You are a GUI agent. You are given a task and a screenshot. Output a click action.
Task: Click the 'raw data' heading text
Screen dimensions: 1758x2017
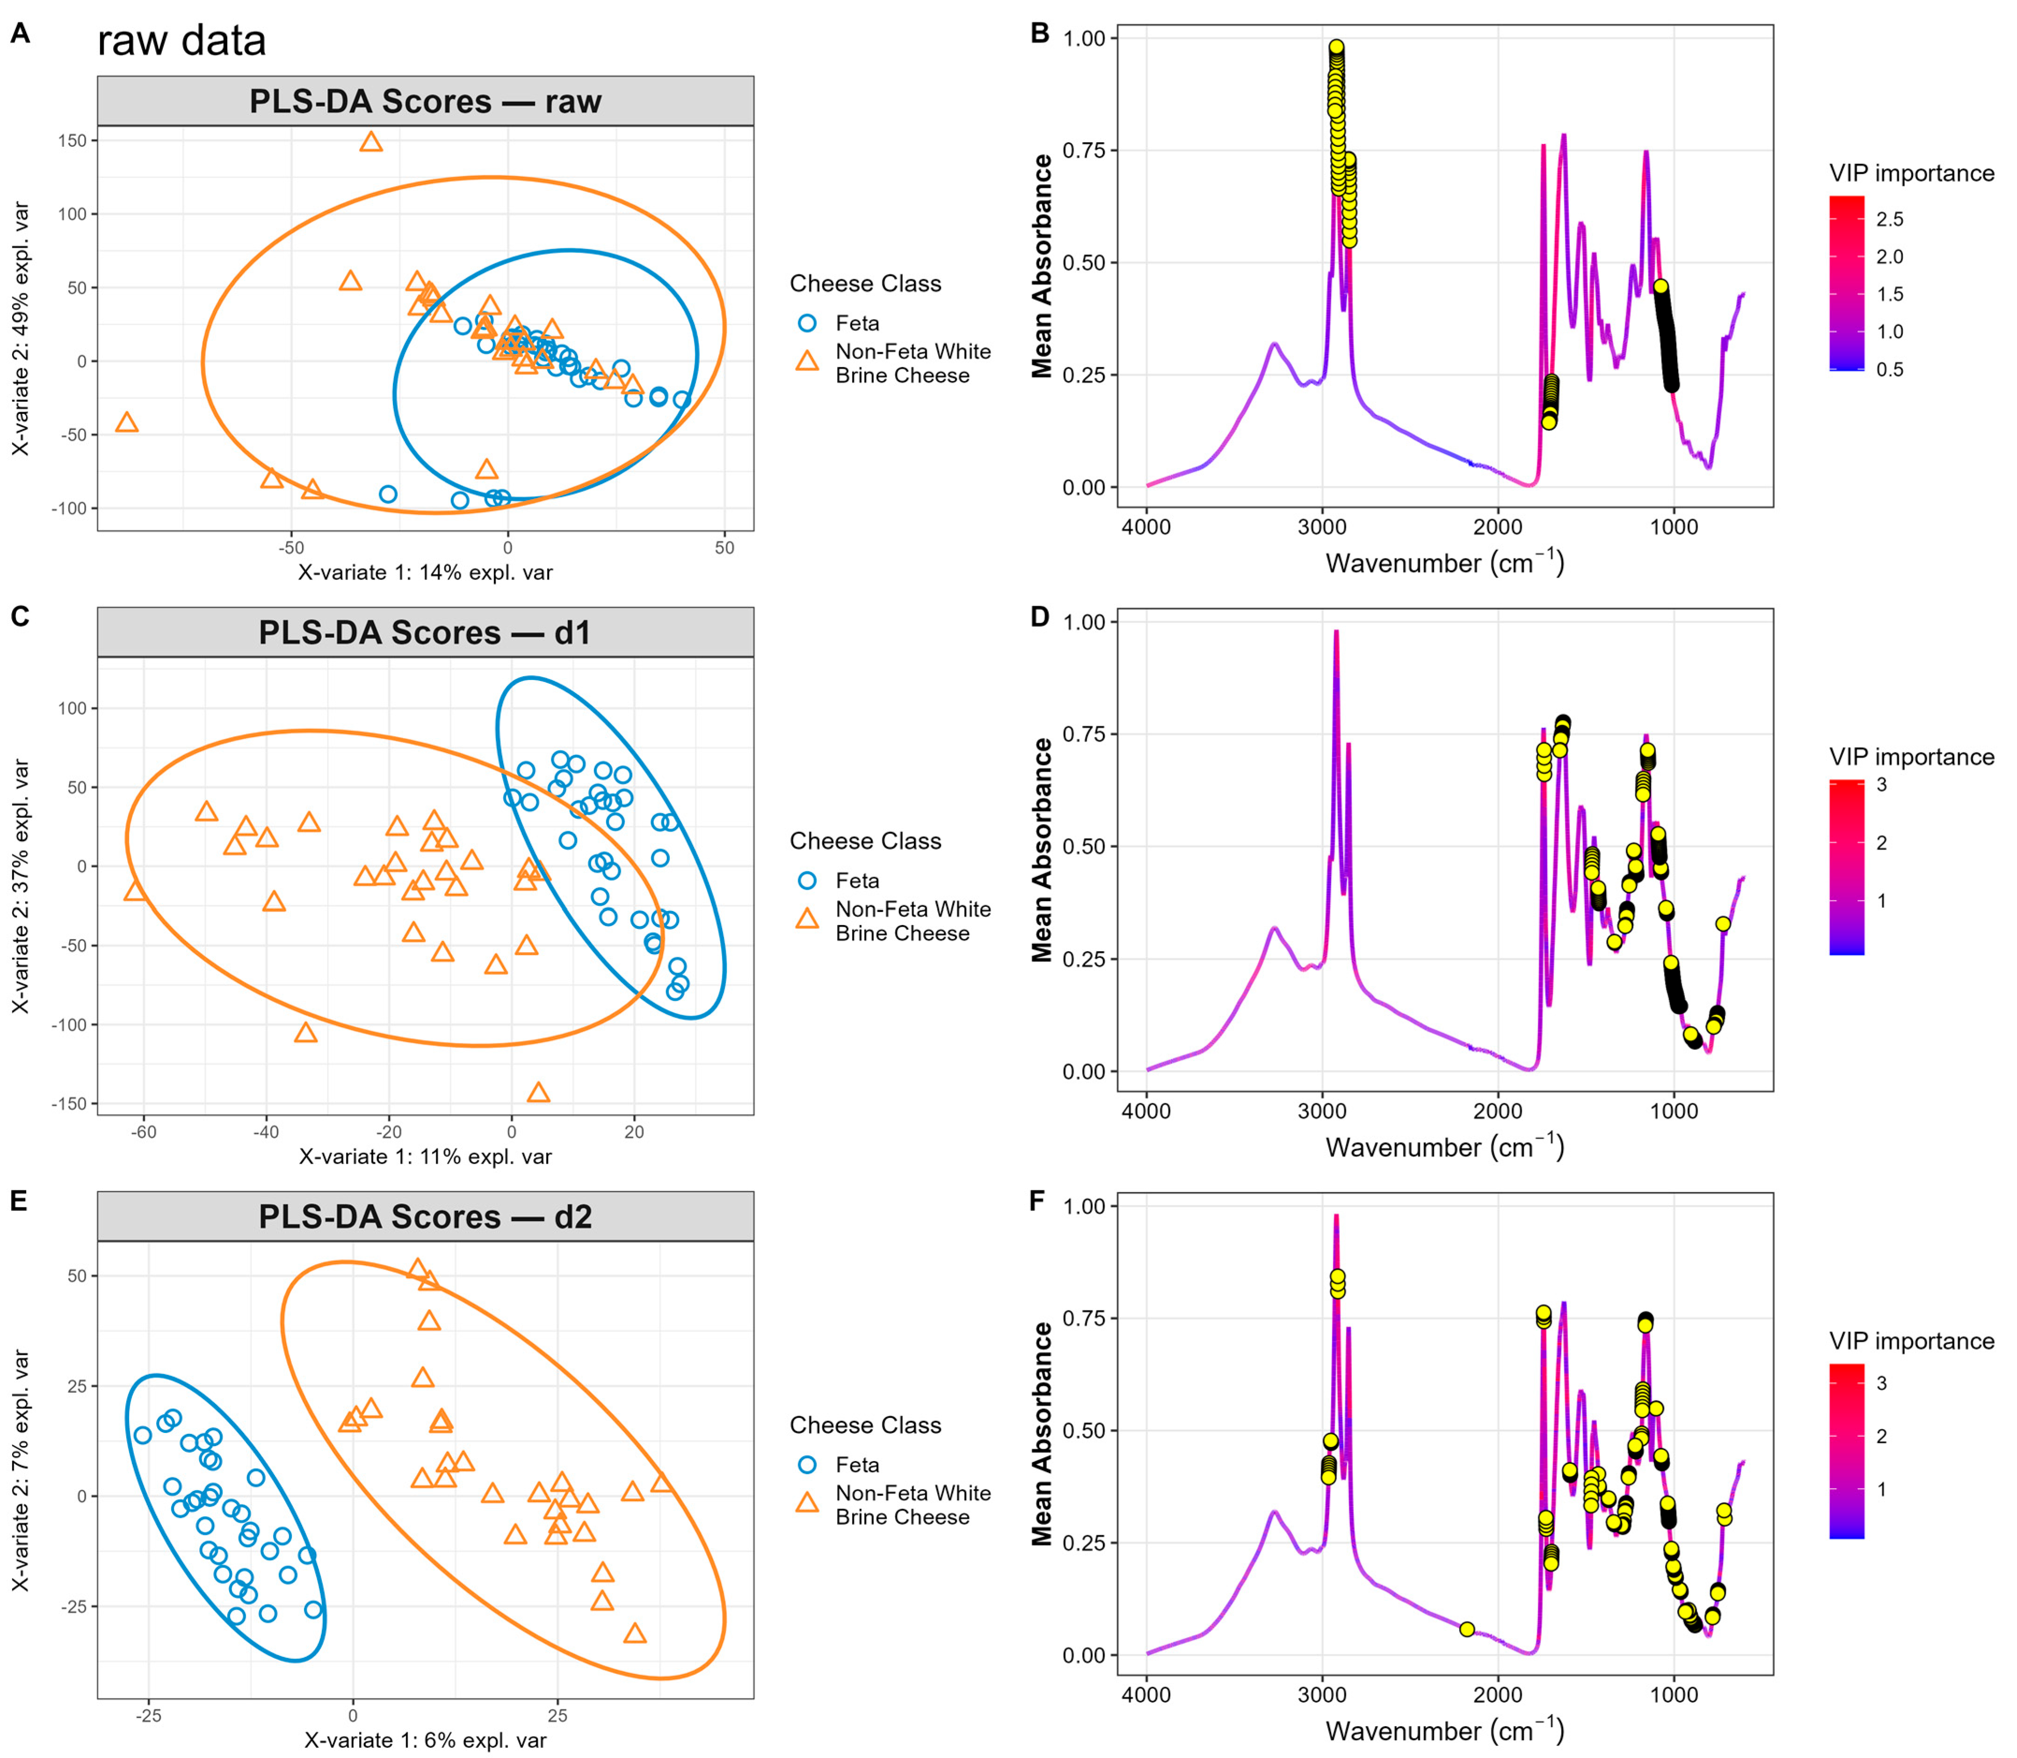(181, 41)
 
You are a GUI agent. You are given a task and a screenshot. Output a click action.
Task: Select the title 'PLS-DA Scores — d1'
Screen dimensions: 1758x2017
(425, 633)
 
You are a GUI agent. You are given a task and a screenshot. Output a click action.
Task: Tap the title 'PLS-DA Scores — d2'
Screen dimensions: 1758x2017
(425, 1216)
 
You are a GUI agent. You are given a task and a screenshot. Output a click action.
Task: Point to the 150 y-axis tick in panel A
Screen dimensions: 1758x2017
(72, 140)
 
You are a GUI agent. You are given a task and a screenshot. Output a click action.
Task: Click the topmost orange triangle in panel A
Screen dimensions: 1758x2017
(371, 142)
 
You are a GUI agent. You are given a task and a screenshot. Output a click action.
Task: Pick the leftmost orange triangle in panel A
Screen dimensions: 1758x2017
(127, 423)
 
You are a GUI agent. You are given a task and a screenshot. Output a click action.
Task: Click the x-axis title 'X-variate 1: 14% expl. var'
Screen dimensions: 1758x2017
(425, 573)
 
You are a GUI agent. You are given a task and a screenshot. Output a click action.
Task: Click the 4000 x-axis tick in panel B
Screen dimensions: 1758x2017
(1146, 528)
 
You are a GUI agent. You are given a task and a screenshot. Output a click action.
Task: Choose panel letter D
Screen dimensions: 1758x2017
(1040, 617)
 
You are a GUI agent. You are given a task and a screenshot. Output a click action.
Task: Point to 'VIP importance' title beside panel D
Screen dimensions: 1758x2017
(1911, 756)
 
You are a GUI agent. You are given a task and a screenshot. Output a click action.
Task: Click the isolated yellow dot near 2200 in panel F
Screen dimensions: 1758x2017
(1467, 1629)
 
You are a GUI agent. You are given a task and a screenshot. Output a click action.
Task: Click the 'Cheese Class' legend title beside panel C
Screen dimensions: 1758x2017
(865, 841)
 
